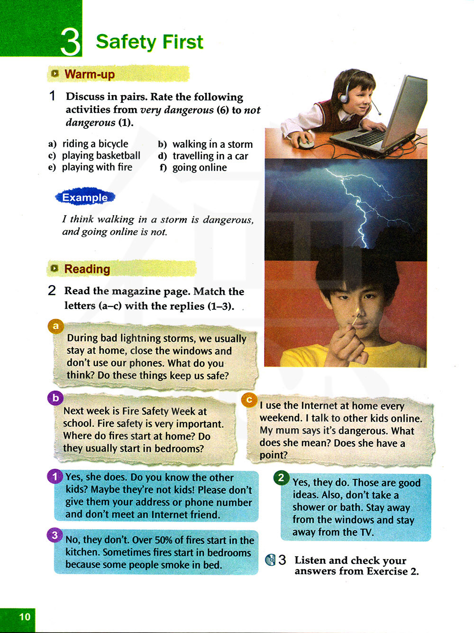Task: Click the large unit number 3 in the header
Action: click(x=70, y=42)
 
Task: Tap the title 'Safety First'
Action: click(x=149, y=42)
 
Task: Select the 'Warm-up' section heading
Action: click(x=89, y=74)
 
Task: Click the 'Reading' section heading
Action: click(x=87, y=269)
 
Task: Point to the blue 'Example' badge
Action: click(x=85, y=198)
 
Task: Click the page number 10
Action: click(x=25, y=617)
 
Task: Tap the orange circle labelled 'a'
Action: click(x=56, y=326)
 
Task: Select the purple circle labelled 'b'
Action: click(x=55, y=398)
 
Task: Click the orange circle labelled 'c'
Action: click(x=249, y=400)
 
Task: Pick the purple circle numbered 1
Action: click(x=55, y=476)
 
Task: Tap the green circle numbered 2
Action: click(x=281, y=478)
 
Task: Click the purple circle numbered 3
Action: click(x=55, y=535)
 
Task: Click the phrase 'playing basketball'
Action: click(x=101, y=155)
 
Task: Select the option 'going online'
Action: click(x=200, y=167)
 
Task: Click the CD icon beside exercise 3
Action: click(x=271, y=560)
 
